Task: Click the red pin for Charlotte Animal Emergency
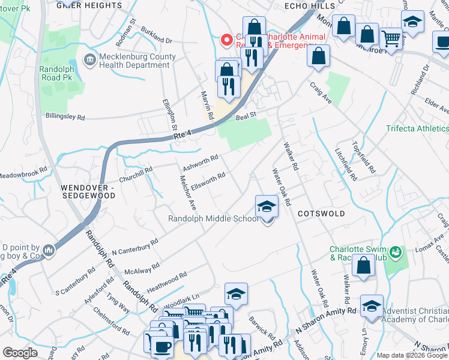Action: pyautogui.click(x=227, y=40)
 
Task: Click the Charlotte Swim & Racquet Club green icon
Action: pyautogui.click(x=395, y=252)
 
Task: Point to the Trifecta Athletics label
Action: pyautogui.click(x=417, y=128)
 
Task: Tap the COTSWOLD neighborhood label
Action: pyautogui.click(x=321, y=214)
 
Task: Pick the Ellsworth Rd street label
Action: pyautogui.click(x=208, y=178)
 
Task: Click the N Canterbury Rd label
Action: pyautogui.click(x=134, y=248)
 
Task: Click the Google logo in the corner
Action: pyautogui.click(x=20, y=352)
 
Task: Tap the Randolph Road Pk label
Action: pyautogui.click(x=56, y=73)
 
